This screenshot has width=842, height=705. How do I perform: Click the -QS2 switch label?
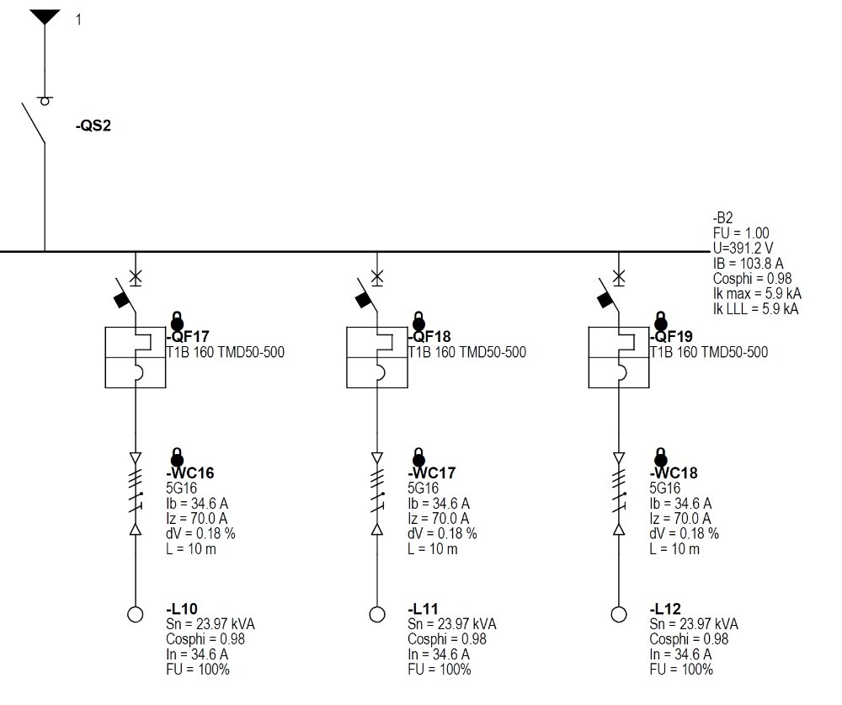click(93, 126)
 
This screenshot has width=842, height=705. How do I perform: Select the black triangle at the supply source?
click(45, 17)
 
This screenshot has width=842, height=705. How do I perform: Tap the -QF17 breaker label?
click(189, 337)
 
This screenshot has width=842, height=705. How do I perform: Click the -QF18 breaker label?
click(430, 337)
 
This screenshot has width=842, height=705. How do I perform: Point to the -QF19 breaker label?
click(672, 337)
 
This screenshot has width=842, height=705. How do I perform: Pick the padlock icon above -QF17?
click(177, 321)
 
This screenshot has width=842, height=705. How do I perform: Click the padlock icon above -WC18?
click(661, 457)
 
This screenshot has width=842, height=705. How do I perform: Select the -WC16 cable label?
click(190, 473)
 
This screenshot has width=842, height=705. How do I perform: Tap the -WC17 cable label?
click(432, 473)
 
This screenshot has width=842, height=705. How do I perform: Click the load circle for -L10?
click(136, 614)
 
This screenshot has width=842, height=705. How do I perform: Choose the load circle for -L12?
click(619, 614)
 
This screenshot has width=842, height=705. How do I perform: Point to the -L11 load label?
click(424, 609)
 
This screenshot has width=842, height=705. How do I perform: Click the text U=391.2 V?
click(743, 248)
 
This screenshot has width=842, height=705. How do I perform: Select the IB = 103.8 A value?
click(748, 264)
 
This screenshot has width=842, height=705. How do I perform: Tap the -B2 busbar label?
click(722, 217)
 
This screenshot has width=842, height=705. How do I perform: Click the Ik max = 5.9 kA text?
click(757, 293)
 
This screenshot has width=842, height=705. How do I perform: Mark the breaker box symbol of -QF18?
click(377, 357)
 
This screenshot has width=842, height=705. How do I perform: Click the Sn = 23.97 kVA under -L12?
click(694, 624)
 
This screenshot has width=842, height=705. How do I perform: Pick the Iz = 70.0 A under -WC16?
click(196, 519)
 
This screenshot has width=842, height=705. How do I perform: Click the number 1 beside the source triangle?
click(78, 20)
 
